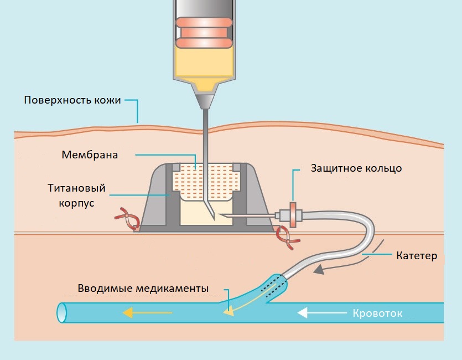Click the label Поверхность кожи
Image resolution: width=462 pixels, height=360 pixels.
(x=72, y=100)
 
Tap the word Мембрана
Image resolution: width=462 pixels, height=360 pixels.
(x=90, y=155)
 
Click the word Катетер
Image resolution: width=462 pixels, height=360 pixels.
(x=417, y=256)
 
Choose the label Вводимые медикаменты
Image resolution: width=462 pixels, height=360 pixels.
(x=143, y=289)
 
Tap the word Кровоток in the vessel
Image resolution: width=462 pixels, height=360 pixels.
(x=377, y=313)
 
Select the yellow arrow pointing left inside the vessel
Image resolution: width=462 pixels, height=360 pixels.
(x=147, y=313)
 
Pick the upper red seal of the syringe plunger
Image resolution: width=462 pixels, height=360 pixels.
(x=204, y=23)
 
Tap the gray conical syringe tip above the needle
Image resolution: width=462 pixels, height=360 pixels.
(x=204, y=101)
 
